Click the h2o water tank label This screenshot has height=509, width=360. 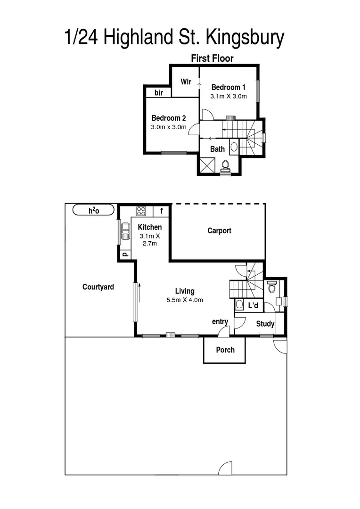tap(94, 210)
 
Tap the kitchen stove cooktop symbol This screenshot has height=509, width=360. tap(141, 211)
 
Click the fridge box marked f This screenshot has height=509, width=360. tap(161, 211)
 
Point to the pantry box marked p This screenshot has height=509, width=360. tap(124, 254)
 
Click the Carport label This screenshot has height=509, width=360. tap(219, 231)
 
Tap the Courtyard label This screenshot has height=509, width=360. tap(98, 287)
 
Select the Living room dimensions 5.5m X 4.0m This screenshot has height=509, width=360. tap(185, 300)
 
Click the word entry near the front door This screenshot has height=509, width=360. tap(220, 321)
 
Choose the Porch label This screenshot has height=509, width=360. tap(225, 350)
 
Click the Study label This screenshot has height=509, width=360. tap(265, 324)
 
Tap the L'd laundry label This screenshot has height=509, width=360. tap(253, 306)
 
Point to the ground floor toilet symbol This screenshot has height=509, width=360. tap(271, 287)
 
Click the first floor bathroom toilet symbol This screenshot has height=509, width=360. tap(225, 165)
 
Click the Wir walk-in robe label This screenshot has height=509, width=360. tap(186, 82)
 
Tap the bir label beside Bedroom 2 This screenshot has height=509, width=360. tap(159, 93)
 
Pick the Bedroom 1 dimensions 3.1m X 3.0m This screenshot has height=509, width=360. tap(228, 96)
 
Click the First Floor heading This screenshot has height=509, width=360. tap(212, 58)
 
